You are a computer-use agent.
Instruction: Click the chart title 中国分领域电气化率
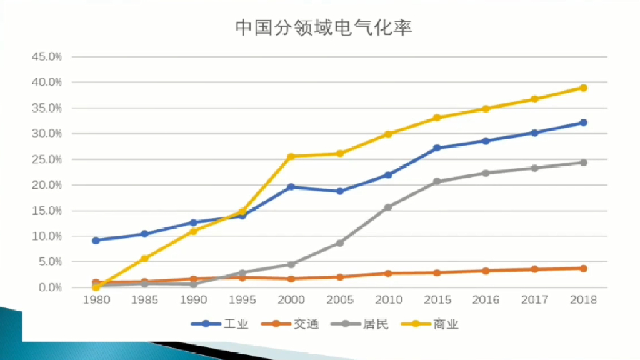pos(323,27)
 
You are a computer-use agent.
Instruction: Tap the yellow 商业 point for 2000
pos(291,156)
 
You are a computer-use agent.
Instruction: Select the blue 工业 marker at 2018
pos(583,122)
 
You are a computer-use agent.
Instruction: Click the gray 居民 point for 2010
pos(388,207)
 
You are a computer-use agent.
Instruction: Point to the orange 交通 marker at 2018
pos(583,268)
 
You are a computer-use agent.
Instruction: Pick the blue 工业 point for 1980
pos(96,241)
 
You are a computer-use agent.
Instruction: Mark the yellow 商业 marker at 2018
pos(583,87)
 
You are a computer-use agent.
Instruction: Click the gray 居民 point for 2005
pos(339,242)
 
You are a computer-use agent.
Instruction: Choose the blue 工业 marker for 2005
pos(339,191)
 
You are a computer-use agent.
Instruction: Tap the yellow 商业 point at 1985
pos(144,258)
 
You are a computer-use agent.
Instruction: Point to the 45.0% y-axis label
pos(47,57)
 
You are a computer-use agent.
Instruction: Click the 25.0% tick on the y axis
pos(47,159)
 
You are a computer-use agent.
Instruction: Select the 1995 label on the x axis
pos(242,300)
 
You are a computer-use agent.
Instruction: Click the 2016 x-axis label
pos(486,300)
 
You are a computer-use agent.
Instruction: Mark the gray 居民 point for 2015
pos(437,181)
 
